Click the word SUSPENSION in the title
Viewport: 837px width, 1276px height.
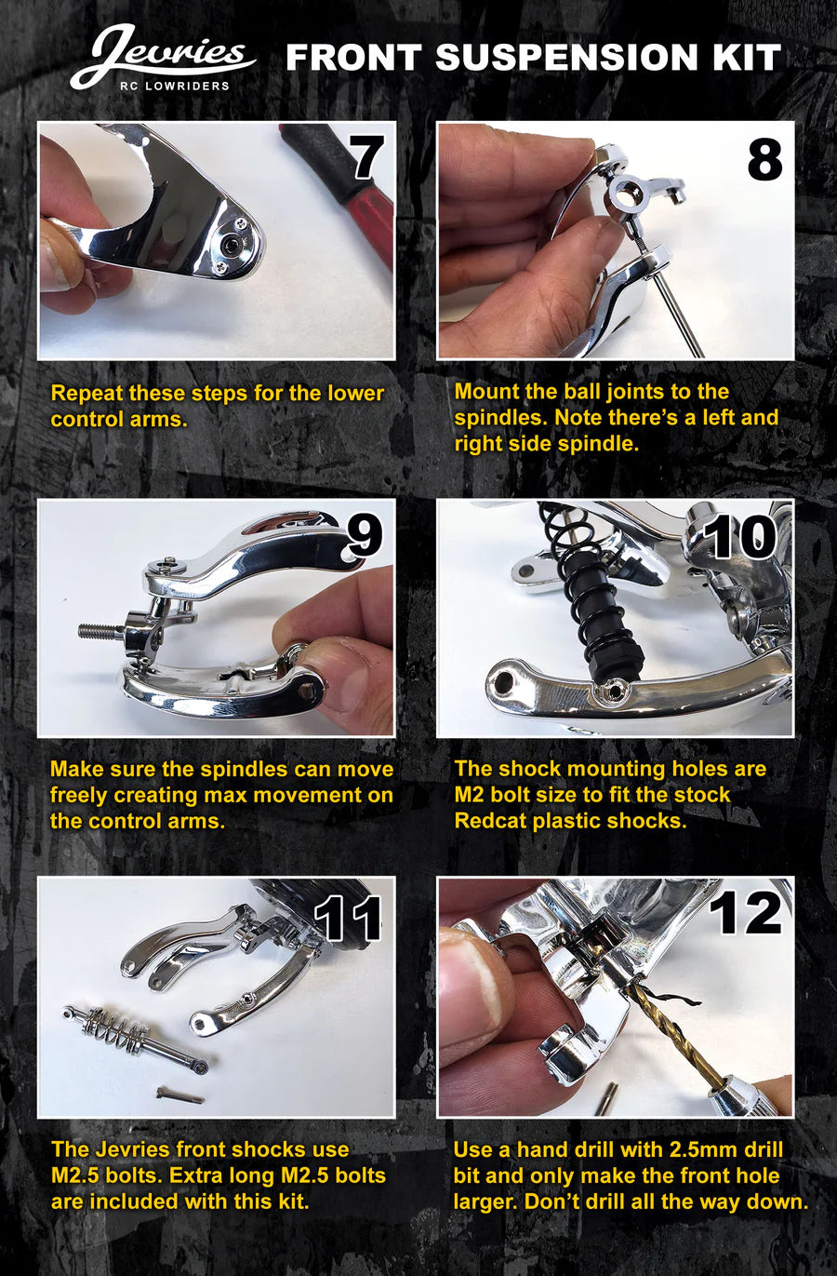pos(565,58)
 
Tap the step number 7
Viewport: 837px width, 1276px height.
pos(365,158)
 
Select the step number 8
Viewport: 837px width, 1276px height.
pos(764,159)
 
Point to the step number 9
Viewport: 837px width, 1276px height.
pos(364,535)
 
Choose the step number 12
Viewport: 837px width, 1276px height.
pos(745,914)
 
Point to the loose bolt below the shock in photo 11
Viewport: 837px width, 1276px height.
pos(179,1095)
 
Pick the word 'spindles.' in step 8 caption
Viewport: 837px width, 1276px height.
pos(500,419)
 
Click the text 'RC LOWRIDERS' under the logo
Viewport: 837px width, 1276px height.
pos(174,86)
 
